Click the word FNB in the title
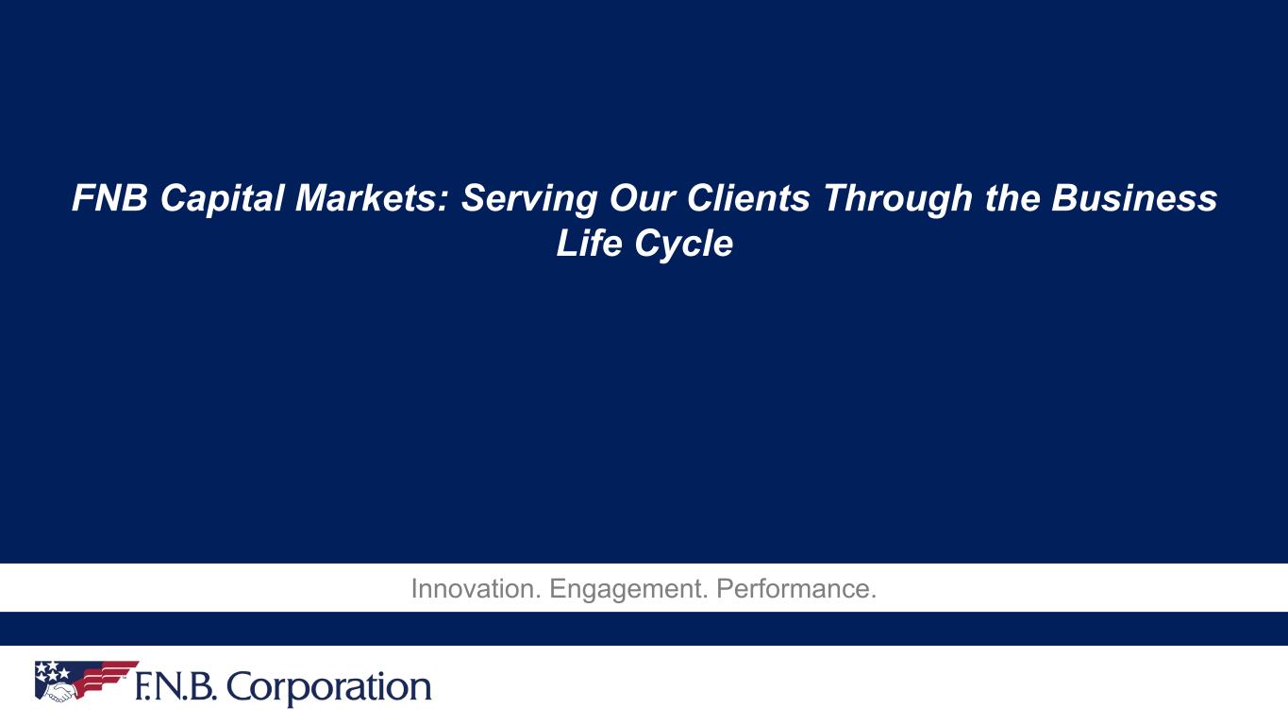pos(109,198)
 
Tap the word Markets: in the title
pos(372,198)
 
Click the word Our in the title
pos(642,198)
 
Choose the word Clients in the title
pos(748,198)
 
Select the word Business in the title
pos(1134,198)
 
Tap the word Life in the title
pos(590,244)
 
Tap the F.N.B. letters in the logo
pos(176,687)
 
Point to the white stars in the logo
pos(51,669)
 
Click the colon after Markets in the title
pos(443,201)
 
